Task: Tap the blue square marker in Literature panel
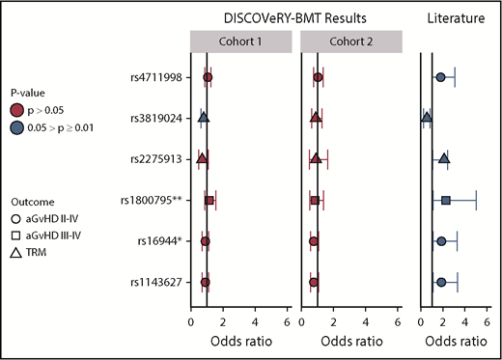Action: pyautogui.click(x=446, y=200)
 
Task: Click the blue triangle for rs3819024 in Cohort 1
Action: pyautogui.click(x=204, y=118)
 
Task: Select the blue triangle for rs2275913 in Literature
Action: pyautogui.click(x=443, y=158)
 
